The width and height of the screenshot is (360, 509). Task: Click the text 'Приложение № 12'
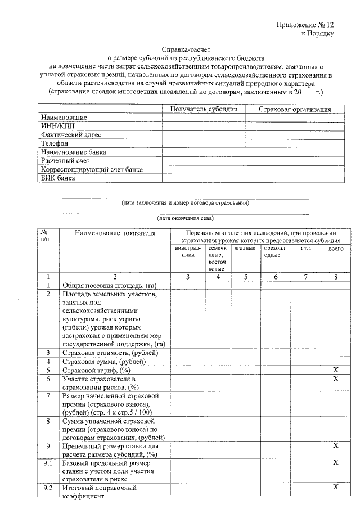pyautogui.click(x=305, y=25)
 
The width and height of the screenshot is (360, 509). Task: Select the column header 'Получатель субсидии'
pyautogui.click(x=203, y=109)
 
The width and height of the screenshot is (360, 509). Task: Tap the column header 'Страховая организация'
pyautogui.click(x=294, y=109)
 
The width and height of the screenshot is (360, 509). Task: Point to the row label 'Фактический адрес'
pyautogui.click(x=70, y=135)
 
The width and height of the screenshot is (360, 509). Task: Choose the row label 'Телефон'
pyautogui.click(x=55, y=144)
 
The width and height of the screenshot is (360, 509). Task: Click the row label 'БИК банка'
pyautogui.click(x=58, y=178)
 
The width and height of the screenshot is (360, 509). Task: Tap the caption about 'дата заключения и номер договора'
pyautogui.click(x=185, y=202)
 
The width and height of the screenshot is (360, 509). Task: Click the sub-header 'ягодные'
pyautogui.click(x=245, y=248)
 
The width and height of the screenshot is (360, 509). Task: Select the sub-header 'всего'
pyautogui.click(x=336, y=248)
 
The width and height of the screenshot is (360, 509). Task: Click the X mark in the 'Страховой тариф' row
pyautogui.click(x=336, y=371)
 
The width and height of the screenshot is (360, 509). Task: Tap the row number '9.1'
pyautogui.click(x=48, y=462)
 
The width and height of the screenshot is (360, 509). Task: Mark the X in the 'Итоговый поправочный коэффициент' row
pyautogui.click(x=336, y=488)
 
